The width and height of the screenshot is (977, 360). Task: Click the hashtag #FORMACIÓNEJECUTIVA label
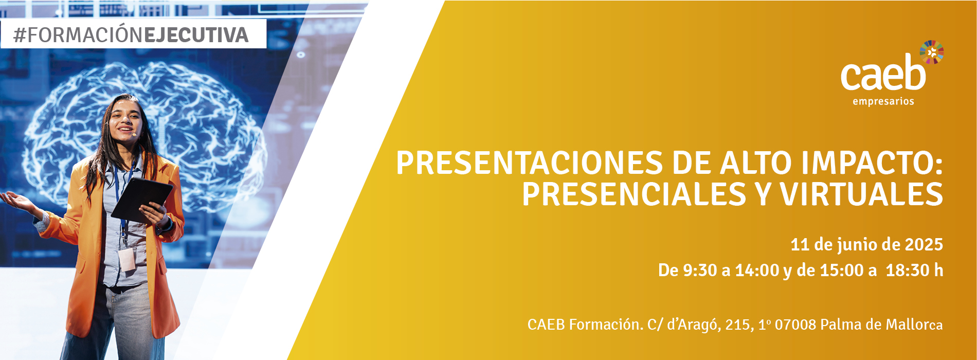pyautogui.click(x=131, y=35)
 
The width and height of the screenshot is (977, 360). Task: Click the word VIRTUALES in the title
pyautogui.click(x=861, y=194)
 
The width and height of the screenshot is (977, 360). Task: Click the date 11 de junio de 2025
pyautogui.click(x=866, y=245)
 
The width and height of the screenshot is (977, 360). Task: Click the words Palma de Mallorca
pyautogui.click(x=881, y=325)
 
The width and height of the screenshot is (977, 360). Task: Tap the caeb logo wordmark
pyautogui.click(x=883, y=76)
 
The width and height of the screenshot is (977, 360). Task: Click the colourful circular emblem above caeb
pyautogui.click(x=931, y=52)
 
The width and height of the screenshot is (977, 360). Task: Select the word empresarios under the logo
pyautogui.click(x=883, y=101)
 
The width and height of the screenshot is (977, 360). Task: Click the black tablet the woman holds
pyautogui.click(x=141, y=199)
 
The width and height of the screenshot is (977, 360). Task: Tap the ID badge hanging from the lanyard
pyautogui.click(x=126, y=260)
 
